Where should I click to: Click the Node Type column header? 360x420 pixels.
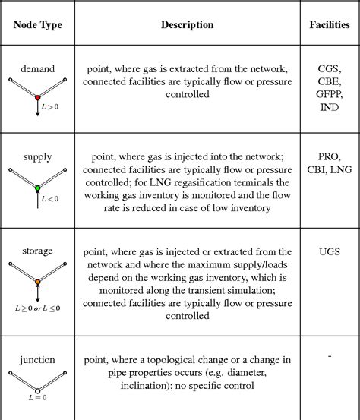coord(37,24)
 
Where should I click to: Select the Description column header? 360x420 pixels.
coord(187,24)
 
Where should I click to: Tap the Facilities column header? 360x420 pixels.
coord(329,24)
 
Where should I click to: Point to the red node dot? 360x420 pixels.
coord(37,97)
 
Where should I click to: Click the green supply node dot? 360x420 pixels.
coord(37,187)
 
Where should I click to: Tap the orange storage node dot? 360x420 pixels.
coord(37,282)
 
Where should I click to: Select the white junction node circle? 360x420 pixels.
coord(37,390)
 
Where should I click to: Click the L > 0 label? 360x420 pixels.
coord(49,107)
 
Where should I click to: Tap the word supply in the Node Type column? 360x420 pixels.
coord(37,157)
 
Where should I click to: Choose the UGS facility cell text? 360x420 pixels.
coord(330,250)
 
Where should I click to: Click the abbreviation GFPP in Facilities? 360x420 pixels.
coord(330,95)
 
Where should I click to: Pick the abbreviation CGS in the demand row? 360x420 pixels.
coord(330,68)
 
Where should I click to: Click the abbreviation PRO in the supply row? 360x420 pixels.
coord(330,157)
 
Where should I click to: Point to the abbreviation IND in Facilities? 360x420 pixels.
coord(330,109)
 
